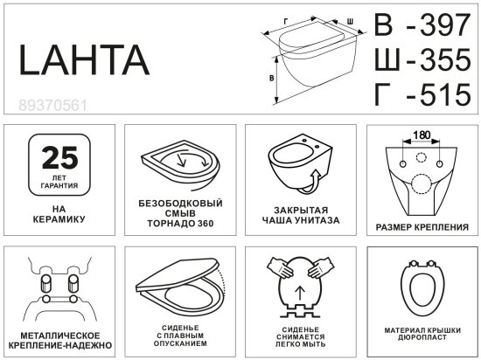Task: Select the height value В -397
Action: coord(422,26)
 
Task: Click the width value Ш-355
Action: coord(422,60)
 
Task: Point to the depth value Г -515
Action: coord(422,93)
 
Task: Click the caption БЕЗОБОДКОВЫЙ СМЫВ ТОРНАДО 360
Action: coord(180,213)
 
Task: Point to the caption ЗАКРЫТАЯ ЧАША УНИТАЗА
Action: coord(300,215)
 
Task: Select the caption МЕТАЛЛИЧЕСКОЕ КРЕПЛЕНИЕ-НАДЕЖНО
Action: coord(59,341)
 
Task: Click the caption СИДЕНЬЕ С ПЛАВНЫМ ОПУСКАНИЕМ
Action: coord(179,336)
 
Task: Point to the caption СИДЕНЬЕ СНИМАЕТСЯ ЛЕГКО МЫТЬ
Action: coord(300,336)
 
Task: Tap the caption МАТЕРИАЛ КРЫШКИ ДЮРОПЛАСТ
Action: coord(421,334)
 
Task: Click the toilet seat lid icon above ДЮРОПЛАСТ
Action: coord(421,287)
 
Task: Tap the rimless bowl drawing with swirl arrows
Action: coord(181,165)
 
